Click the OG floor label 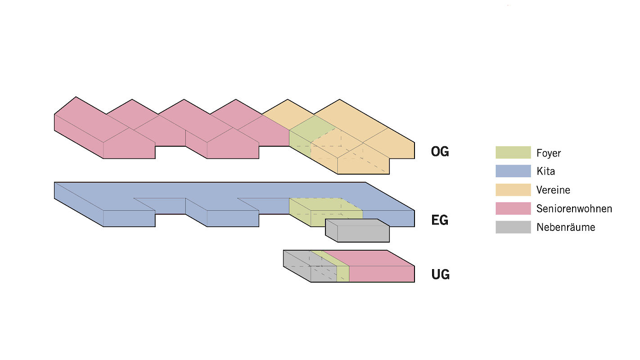(440, 152)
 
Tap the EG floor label (440, 220)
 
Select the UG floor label (440, 274)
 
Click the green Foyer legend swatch (513, 153)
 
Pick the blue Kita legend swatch (513, 171)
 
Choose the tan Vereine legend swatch (513, 190)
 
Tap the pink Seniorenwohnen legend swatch (513, 208)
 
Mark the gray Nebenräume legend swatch (513, 227)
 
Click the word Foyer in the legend (549, 153)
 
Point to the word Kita (545, 171)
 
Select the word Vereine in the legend (553, 190)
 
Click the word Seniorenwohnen (574, 209)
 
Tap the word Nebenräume (566, 227)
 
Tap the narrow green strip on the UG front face (343, 274)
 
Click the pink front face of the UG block (382, 274)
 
